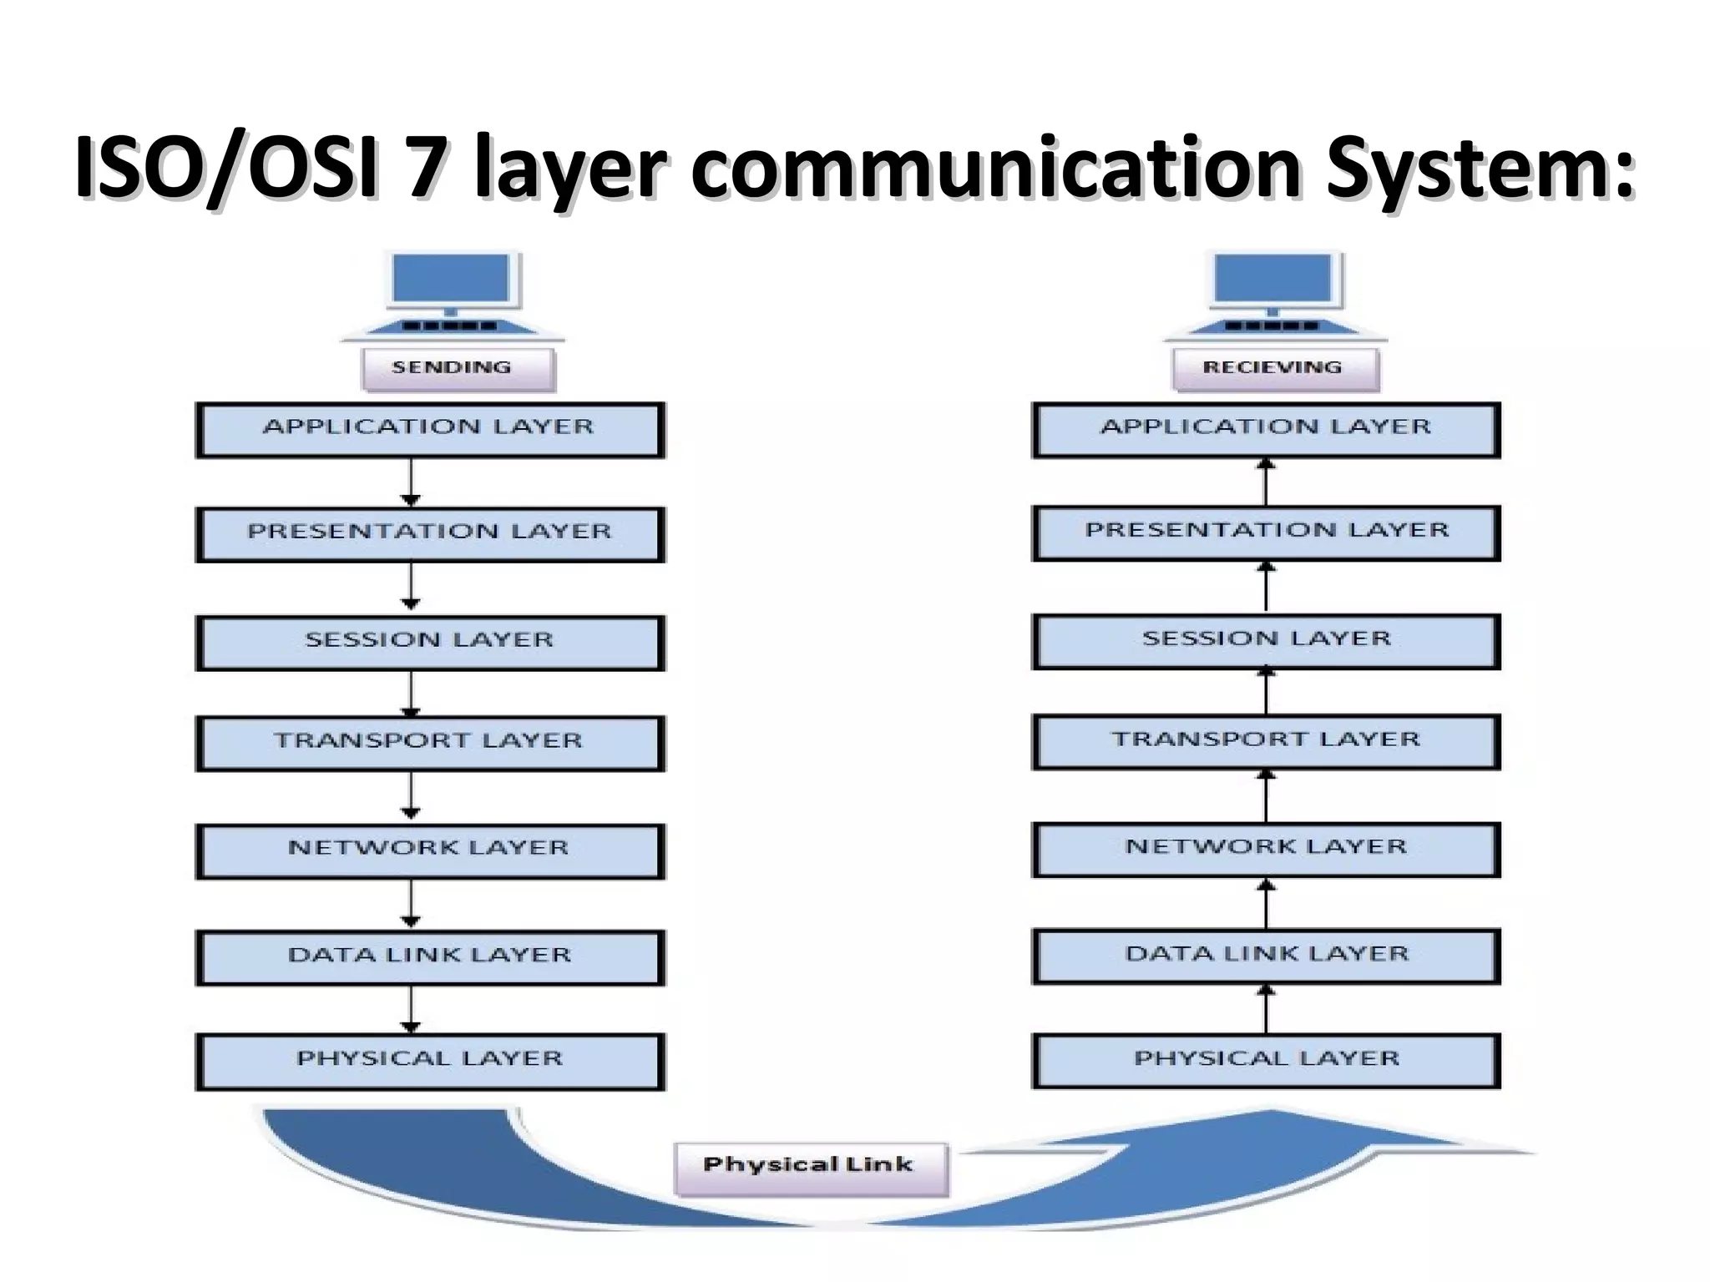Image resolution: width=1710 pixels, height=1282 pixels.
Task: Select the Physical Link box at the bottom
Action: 810,1167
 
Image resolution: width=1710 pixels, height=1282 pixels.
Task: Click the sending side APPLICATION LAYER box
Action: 430,429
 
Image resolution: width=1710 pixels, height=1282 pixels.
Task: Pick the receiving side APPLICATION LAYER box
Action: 1266,429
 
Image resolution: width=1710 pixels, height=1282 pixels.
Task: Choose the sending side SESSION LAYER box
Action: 430,642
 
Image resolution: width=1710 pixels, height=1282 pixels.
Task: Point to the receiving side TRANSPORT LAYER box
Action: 1266,741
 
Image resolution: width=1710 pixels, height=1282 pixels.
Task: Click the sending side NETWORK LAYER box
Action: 430,850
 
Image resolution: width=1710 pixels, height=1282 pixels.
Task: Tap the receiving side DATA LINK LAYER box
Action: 1266,955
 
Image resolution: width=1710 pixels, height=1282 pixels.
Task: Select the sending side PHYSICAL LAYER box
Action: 430,1060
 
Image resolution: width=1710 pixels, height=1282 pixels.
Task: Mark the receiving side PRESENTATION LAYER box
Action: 1266,532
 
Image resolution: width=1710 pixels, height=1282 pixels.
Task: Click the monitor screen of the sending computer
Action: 452,277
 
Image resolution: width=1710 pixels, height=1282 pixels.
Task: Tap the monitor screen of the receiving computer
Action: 1274,277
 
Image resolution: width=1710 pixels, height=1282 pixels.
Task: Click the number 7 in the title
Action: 425,166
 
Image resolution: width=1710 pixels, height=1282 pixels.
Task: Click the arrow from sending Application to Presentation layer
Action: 410,482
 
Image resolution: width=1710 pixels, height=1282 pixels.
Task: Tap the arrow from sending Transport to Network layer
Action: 410,796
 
